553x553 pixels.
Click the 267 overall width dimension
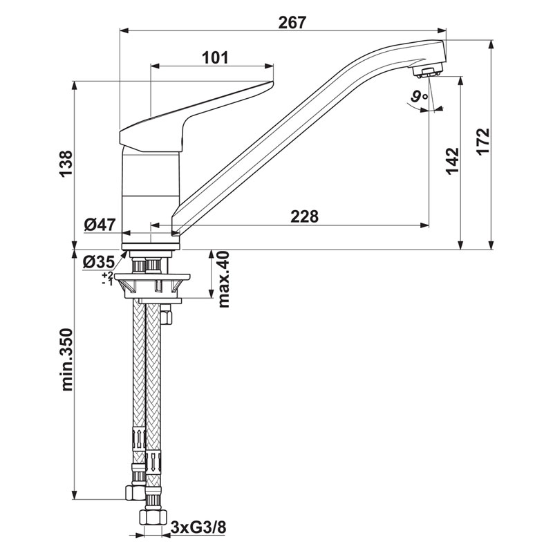(292, 23)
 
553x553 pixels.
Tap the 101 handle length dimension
(215, 57)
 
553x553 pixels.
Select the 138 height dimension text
(66, 164)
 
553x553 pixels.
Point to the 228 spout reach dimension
(304, 216)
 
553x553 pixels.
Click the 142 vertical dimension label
(453, 161)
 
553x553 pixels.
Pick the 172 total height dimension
(482, 141)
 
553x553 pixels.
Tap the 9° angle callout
(420, 96)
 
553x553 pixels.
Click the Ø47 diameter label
(100, 224)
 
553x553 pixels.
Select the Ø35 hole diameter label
(99, 262)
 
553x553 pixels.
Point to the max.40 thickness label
(223, 279)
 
